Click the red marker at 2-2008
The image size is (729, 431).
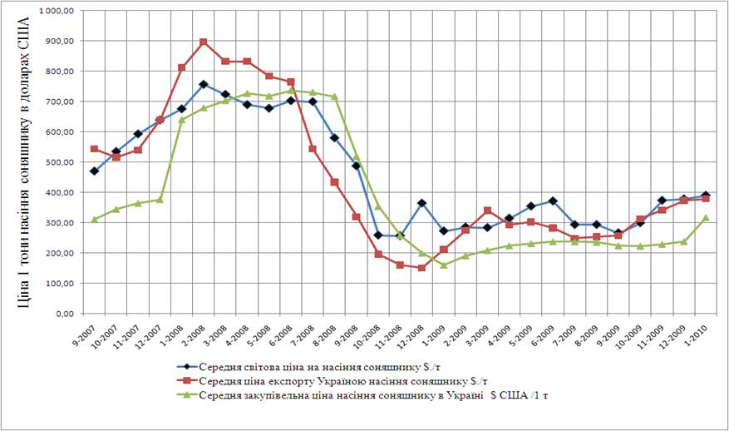click(204, 42)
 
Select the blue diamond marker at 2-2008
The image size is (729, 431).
click(204, 84)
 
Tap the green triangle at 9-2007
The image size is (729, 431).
click(95, 219)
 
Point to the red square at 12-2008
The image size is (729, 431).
click(421, 268)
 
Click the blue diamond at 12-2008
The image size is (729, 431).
click(421, 203)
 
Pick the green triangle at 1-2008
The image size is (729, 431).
click(182, 120)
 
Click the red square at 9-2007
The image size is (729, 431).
click(95, 149)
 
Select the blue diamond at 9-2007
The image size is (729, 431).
click(95, 171)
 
